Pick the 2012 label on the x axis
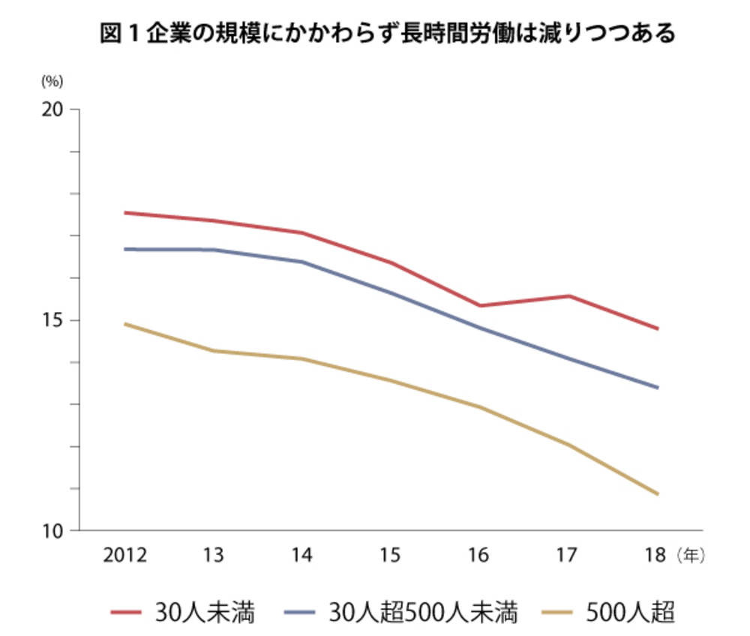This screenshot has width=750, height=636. [124, 556]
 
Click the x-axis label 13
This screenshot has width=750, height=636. [213, 556]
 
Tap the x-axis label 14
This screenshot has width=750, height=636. [301, 556]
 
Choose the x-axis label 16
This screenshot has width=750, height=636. [478, 556]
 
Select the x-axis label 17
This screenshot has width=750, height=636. [567, 556]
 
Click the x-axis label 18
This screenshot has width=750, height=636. [655, 556]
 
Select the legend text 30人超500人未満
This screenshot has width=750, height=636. [423, 612]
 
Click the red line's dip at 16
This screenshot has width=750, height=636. [479, 305]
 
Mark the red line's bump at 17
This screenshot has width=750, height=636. [568, 295]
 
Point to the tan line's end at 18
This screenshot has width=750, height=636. [657, 494]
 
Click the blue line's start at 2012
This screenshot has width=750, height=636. [125, 249]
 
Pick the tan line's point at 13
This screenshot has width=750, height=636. [213, 351]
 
